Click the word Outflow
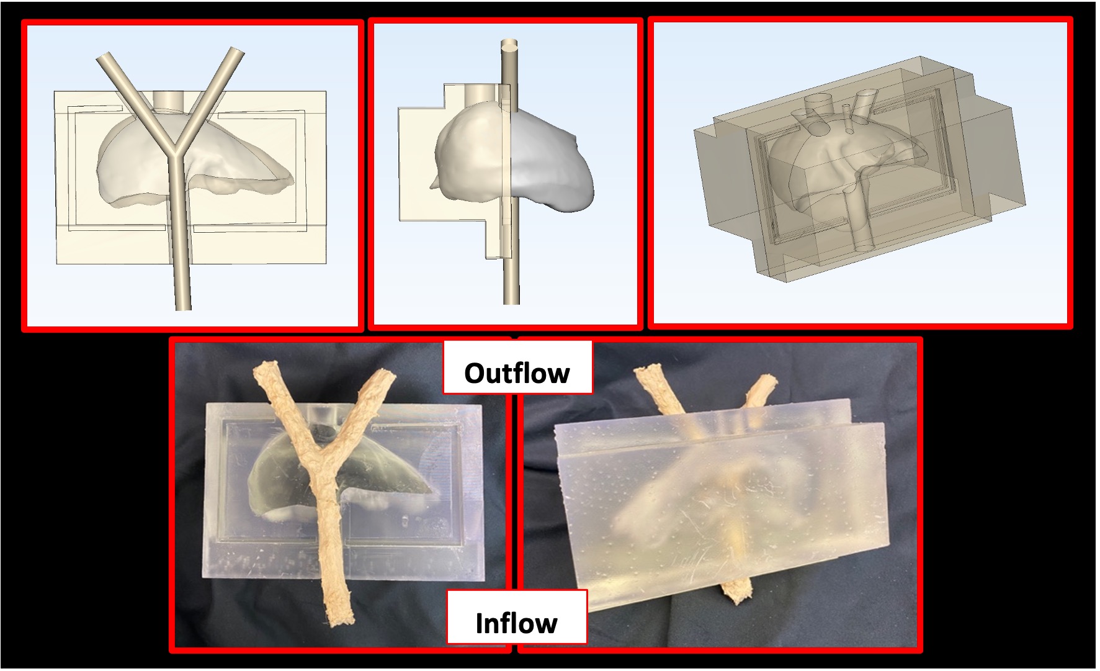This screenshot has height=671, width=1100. tap(517, 373)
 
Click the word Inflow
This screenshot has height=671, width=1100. tap(516, 623)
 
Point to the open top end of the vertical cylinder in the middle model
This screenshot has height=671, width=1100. tap(511, 45)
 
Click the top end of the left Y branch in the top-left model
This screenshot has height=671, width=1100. tap(104, 59)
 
